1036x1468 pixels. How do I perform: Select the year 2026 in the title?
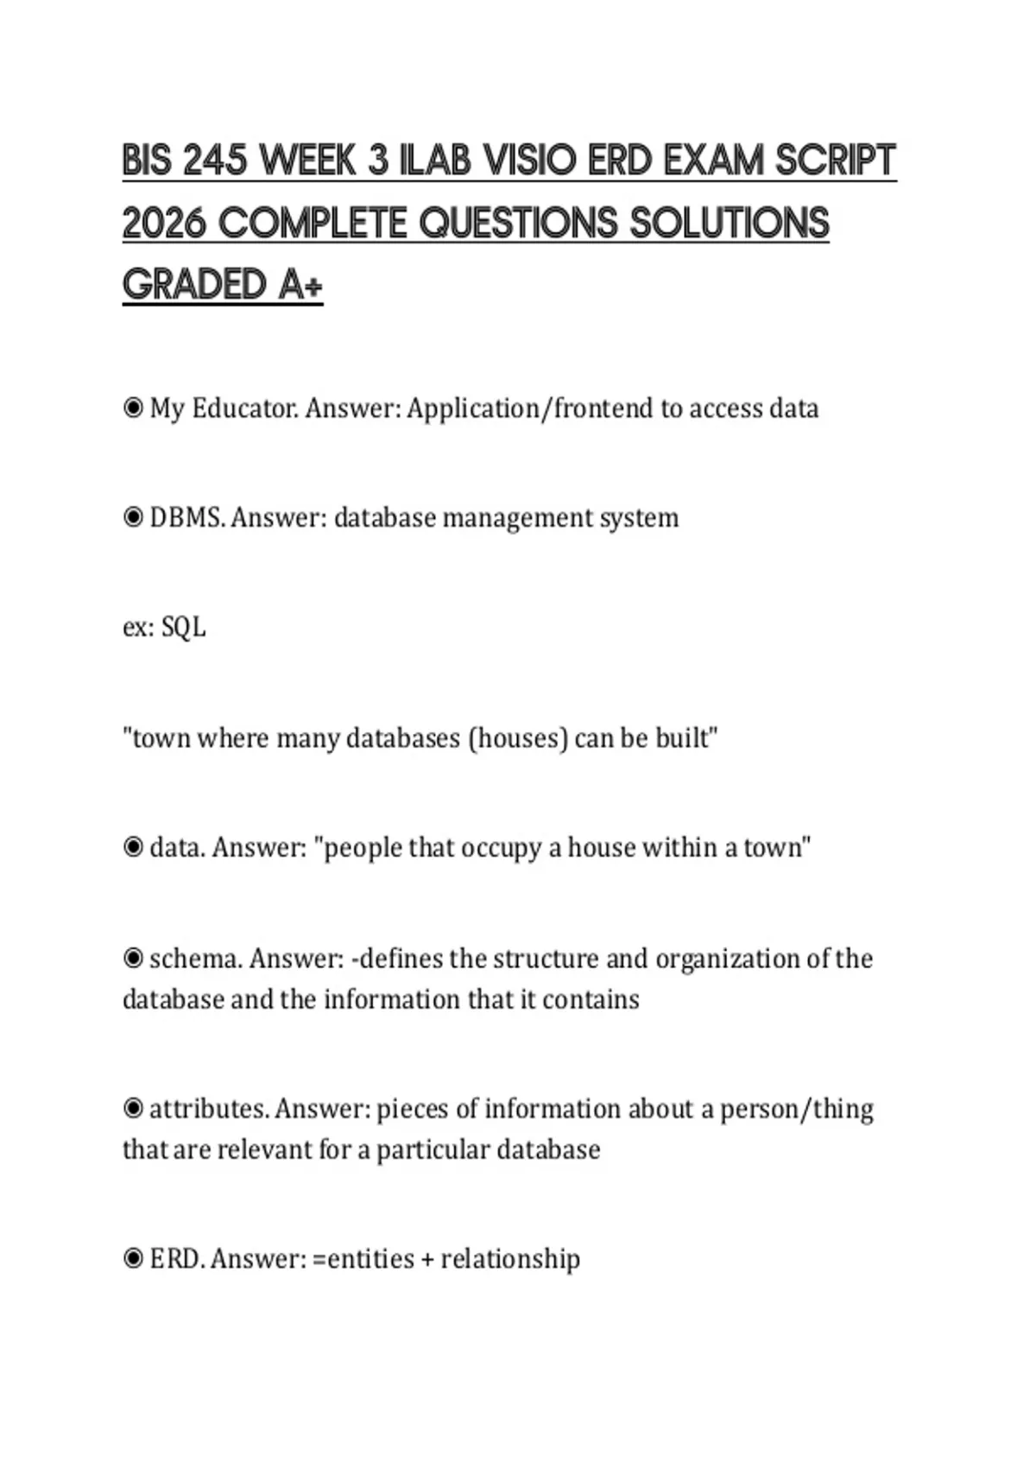point(164,224)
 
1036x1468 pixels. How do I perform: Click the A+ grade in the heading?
point(300,286)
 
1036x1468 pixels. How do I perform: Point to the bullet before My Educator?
point(133,408)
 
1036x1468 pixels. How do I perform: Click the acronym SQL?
point(184,627)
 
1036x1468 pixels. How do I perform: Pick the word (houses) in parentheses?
point(517,738)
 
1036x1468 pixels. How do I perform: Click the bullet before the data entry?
point(133,847)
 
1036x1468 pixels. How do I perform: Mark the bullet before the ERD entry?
point(133,1258)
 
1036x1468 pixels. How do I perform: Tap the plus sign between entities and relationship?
point(427,1259)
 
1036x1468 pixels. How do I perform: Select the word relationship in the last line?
point(510,1259)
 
